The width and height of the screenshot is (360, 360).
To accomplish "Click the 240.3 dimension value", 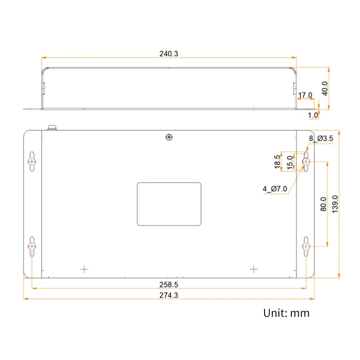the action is tap(168, 54).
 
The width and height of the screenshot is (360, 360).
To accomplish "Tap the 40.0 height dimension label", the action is tap(325, 89).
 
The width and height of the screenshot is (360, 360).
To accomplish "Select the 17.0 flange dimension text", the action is tap(305, 95).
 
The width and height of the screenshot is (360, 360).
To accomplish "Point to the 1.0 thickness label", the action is tap(313, 115).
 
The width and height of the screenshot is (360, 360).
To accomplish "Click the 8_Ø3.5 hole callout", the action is tap(321, 139).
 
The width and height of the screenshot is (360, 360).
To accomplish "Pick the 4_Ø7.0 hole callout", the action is tap(275, 189).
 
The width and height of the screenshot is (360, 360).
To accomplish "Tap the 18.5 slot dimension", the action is tap(277, 162).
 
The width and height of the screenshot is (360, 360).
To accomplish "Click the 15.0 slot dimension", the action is tap(290, 162).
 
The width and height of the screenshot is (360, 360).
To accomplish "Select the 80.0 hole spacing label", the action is tap(323, 204).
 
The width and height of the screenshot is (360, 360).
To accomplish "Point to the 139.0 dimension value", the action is tap(335, 204).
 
